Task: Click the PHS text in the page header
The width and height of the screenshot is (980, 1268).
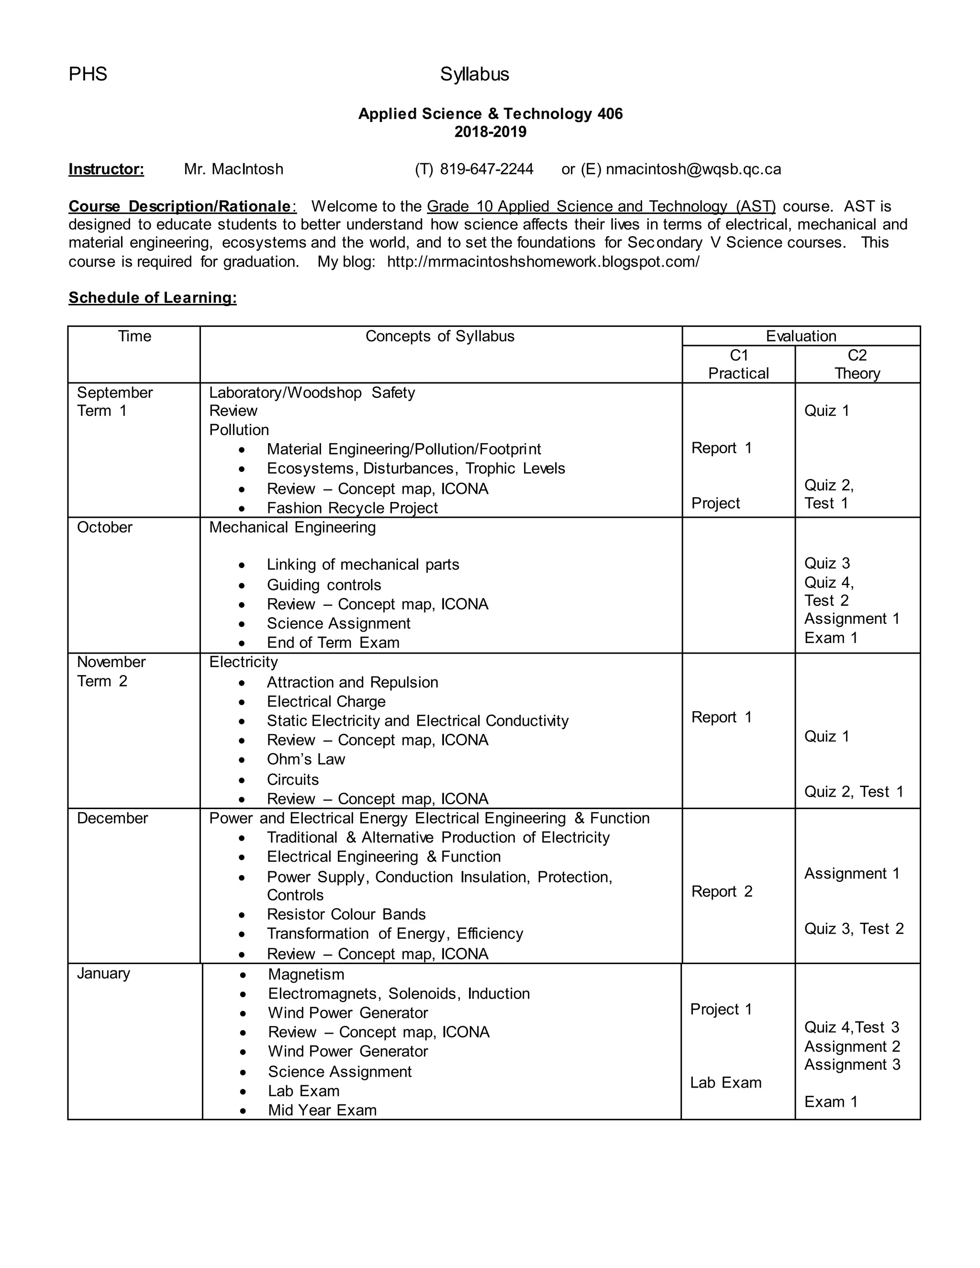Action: point(88,74)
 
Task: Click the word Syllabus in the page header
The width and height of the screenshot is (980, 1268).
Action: point(474,74)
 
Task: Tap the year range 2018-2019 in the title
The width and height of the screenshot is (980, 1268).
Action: point(490,132)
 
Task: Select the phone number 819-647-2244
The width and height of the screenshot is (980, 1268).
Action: point(487,169)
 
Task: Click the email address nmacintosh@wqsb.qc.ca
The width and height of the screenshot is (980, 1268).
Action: point(693,169)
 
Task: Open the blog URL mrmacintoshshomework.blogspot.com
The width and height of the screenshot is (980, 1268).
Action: point(543,261)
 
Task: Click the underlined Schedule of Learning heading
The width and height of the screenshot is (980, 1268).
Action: point(153,298)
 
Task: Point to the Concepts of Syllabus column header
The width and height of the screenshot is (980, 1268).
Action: point(439,336)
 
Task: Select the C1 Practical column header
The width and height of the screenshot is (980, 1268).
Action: point(738,364)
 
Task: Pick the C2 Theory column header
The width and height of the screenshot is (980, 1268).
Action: point(857,364)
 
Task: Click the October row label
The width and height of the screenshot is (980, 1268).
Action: point(104,527)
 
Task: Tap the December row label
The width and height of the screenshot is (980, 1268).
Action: point(112,818)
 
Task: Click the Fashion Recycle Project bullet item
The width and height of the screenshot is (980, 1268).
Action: point(352,508)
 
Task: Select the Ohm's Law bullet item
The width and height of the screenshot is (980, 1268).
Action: point(305,759)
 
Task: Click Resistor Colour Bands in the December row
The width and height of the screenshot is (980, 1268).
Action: point(346,914)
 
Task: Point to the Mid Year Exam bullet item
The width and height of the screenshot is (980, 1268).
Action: point(322,1110)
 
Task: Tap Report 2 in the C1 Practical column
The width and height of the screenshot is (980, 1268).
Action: point(722,891)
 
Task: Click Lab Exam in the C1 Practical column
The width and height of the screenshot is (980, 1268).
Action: point(726,1082)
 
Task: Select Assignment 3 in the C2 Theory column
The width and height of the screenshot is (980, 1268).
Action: point(852,1064)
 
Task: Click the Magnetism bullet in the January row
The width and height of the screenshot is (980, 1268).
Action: point(306,974)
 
